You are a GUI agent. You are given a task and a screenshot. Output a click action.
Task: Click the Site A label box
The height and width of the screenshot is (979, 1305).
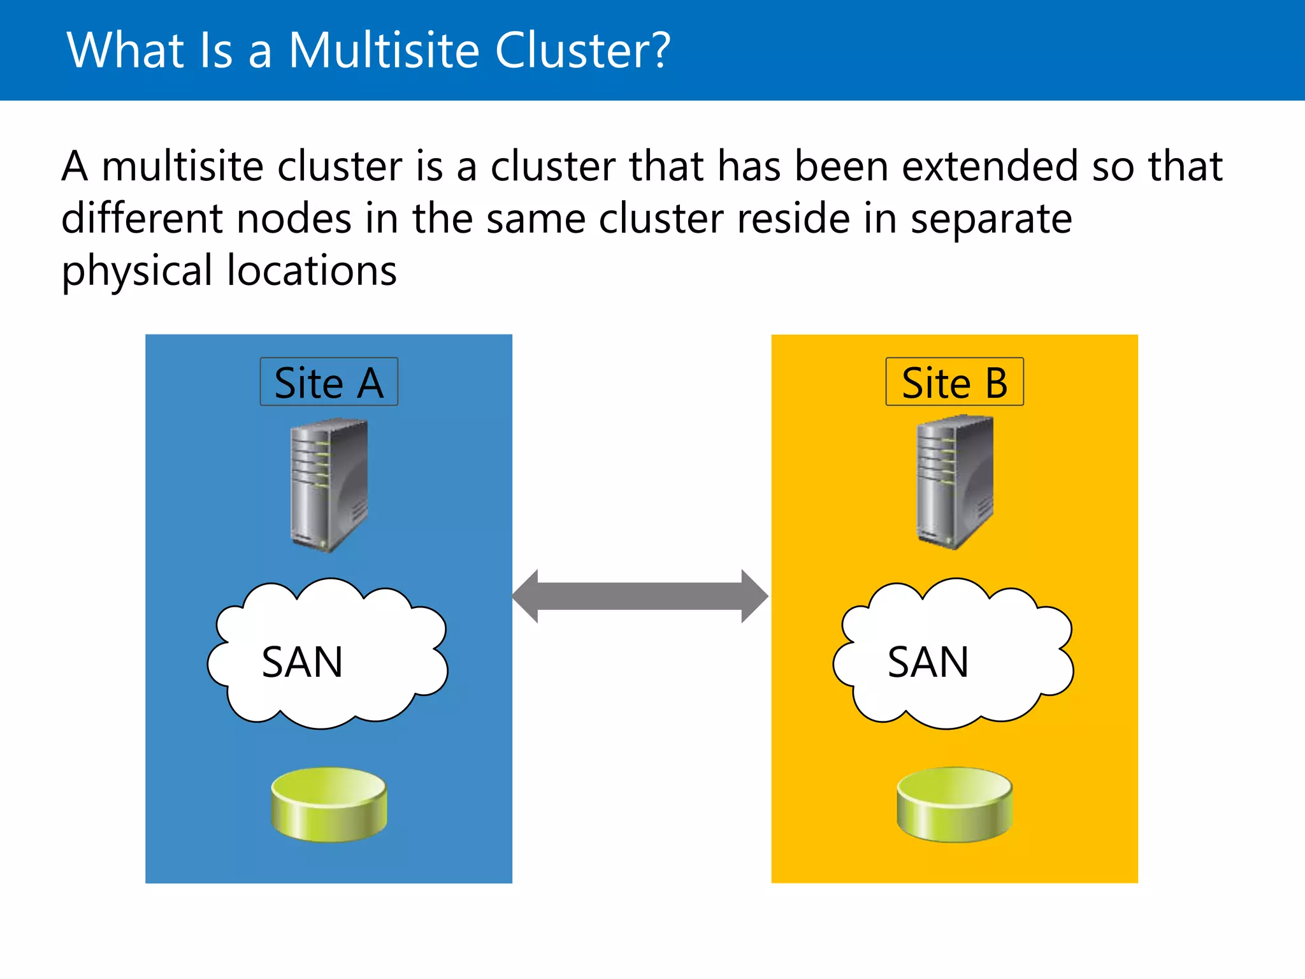click(x=329, y=382)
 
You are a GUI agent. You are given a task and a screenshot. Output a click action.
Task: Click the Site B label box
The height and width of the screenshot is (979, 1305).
click(x=954, y=382)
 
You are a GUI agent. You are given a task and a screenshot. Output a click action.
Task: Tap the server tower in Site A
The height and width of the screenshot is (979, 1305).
click(x=329, y=484)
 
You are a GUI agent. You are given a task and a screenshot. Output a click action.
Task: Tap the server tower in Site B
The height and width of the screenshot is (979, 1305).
click(x=954, y=482)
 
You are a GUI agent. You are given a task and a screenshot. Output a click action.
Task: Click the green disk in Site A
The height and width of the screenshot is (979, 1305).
click(x=329, y=804)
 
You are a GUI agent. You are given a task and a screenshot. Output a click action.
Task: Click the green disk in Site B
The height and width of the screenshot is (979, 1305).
click(x=954, y=804)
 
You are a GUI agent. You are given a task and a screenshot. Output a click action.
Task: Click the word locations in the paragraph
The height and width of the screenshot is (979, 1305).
click(x=312, y=271)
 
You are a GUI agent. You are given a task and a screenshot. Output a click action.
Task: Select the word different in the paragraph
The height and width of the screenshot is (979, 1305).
click(x=141, y=219)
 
